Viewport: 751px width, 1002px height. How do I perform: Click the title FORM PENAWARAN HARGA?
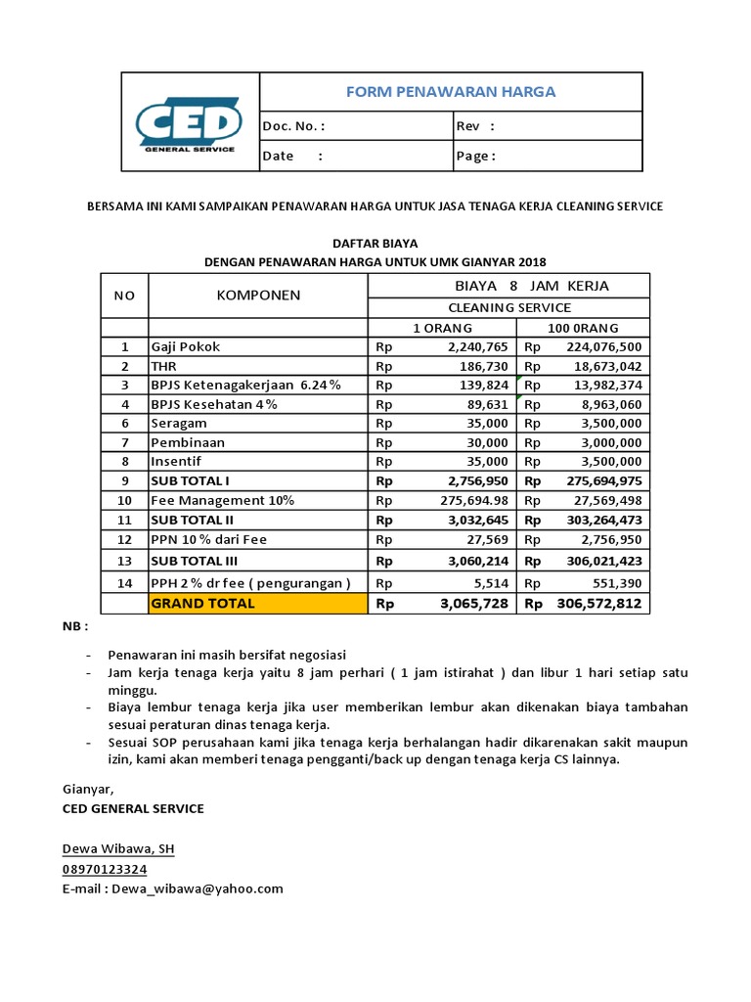451,92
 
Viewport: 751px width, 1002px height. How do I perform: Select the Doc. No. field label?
292,126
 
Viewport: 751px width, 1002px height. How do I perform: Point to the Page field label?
476,156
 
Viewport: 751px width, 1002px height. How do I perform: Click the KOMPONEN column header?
257,295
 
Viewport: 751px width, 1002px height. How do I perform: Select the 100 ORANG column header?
585,328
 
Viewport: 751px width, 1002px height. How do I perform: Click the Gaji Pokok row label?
186,346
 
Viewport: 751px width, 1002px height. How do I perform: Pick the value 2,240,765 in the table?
477,346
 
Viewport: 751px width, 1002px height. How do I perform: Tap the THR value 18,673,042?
603,366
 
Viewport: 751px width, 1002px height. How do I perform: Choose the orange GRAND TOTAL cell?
257,604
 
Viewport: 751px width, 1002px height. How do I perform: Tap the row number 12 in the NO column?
124,539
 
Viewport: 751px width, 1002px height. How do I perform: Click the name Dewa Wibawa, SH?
118,848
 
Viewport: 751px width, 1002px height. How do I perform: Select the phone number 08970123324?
105,869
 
